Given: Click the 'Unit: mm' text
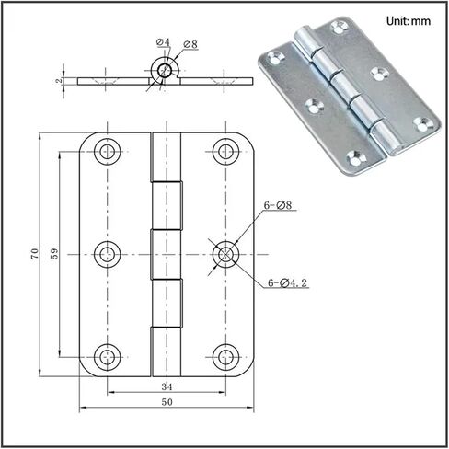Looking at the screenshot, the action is pos(409,21).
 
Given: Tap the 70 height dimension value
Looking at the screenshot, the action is pos(35,253).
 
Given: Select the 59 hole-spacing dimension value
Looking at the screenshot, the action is pos(54,253).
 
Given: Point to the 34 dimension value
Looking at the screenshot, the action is pos(167,386).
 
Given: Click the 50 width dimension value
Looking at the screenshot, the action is pos(167,402).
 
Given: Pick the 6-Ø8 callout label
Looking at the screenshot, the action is pos(278,205).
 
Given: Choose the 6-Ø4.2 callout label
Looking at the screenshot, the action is pos(287,282).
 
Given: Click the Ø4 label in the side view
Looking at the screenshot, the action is pos(163,42).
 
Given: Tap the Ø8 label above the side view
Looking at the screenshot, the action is pos(190,44).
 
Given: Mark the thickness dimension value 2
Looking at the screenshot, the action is pos(59,81).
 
